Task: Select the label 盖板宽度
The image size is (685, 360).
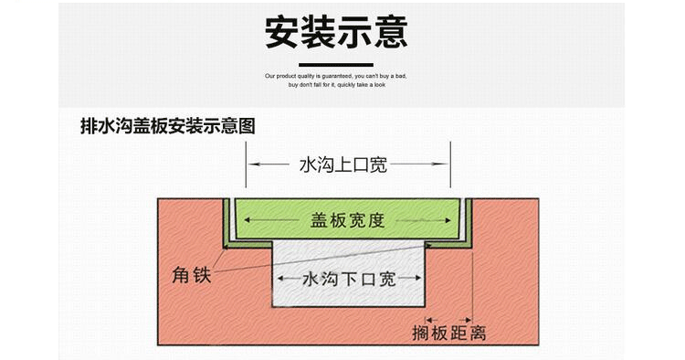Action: pos(346,221)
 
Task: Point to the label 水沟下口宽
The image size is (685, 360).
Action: pos(350,279)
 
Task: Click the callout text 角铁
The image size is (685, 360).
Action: pos(191,273)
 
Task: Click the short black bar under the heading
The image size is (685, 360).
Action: pos(336,64)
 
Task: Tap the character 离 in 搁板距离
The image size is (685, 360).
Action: pos(476,333)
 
